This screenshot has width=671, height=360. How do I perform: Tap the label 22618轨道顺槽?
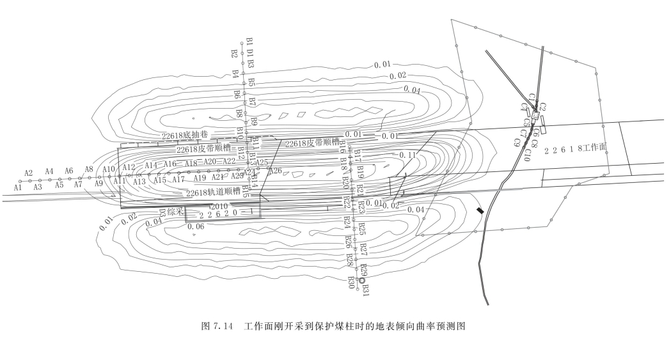[213, 192]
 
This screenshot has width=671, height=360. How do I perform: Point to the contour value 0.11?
[407, 155]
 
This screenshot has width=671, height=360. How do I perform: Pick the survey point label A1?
[18, 188]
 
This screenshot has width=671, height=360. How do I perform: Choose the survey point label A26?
[275, 171]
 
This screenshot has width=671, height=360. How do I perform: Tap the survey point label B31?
[366, 289]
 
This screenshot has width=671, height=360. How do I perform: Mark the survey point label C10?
[526, 155]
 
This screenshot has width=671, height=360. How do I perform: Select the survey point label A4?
[49, 171]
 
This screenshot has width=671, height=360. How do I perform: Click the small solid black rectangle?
[480, 211]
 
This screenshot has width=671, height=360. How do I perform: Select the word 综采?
[176, 210]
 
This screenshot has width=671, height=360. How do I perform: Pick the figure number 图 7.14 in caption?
[219, 326]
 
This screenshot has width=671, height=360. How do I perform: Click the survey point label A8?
[89, 169]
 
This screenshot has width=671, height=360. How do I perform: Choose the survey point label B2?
[235, 54]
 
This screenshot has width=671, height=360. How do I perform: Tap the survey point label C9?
[516, 142]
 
